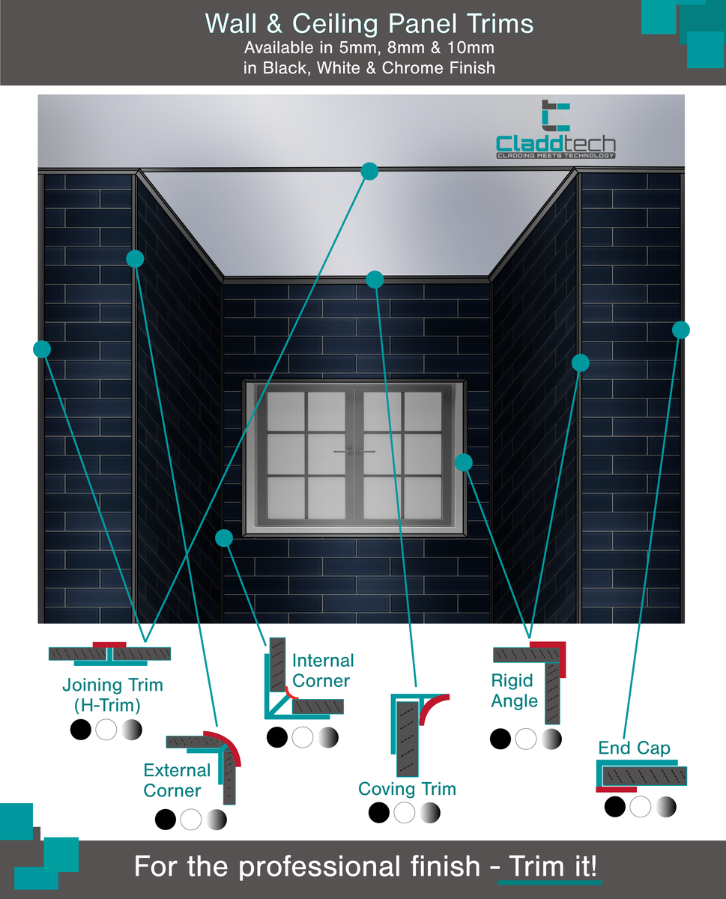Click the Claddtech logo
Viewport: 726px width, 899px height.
click(x=555, y=131)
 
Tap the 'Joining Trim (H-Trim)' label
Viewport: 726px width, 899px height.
click(x=112, y=694)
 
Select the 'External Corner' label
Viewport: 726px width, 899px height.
click(x=177, y=780)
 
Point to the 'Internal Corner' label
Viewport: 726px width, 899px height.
click(x=321, y=671)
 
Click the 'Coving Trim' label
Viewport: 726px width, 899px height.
click(x=407, y=788)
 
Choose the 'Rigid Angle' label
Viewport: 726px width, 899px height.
click(x=515, y=691)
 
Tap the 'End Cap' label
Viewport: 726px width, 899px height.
click(x=634, y=748)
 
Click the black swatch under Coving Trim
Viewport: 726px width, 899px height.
click(x=380, y=812)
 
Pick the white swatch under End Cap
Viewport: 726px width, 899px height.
click(x=641, y=807)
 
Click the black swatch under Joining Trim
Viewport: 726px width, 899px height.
click(x=80, y=729)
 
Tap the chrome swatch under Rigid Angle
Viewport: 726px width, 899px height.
click(x=551, y=739)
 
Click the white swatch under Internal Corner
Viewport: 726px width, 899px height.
click(x=302, y=737)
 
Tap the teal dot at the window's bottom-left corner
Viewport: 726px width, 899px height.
click(x=223, y=538)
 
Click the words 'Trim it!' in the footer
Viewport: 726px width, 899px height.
click(x=552, y=867)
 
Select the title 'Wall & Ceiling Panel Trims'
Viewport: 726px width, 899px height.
click(x=369, y=24)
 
